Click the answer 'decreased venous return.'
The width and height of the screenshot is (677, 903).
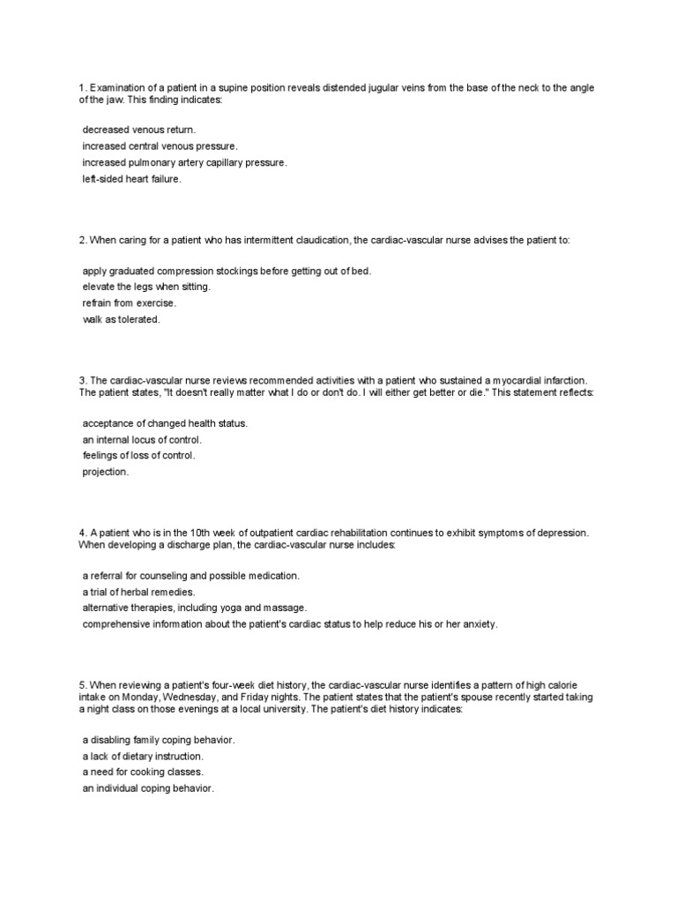pyautogui.click(x=139, y=130)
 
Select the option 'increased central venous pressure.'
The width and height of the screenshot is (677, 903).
pyautogui.click(x=160, y=146)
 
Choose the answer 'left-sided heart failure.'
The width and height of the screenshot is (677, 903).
pyautogui.click(x=131, y=179)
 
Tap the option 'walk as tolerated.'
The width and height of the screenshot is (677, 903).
pyautogui.click(x=122, y=319)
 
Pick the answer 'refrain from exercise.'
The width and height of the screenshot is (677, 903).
pyautogui.click(x=130, y=302)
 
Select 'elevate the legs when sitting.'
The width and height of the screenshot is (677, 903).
pyautogui.click(x=146, y=287)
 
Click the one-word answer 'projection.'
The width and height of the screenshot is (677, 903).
pyautogui.click(x=106, y=472)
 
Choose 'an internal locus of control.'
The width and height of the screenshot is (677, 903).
pyautogui.click(x=142, y=439)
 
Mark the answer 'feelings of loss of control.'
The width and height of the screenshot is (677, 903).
pyautogui.click(x=139, y=455)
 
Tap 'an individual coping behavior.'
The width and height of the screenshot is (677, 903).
pyautogui.click(x=148, y=787)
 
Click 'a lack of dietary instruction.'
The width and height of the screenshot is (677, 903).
pyautogui.click(x=143, y=756)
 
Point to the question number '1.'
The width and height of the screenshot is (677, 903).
pyautogui.click(x=81, y=89)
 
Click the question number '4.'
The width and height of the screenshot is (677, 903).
pyautogui.click(x=81, y=534)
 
